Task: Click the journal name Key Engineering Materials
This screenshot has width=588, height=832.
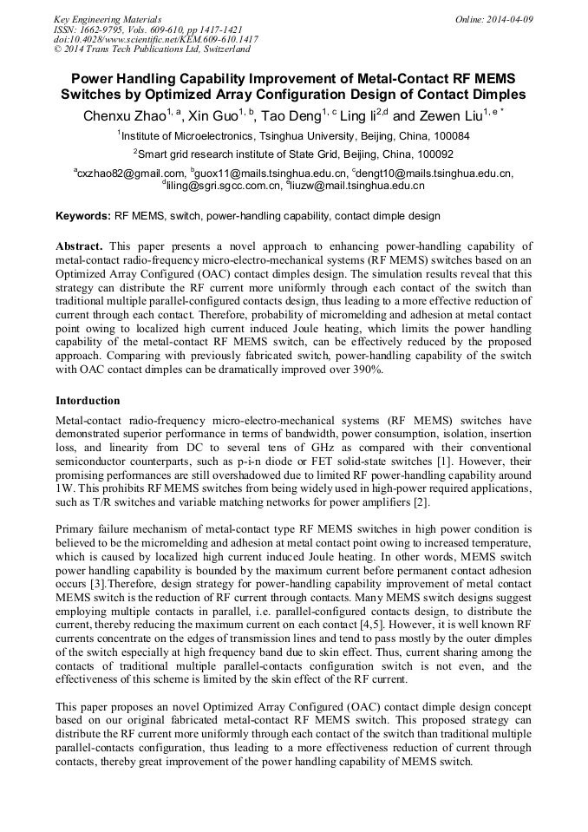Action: click(107, 18)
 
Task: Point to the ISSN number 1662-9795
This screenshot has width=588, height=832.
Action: click(108, 29)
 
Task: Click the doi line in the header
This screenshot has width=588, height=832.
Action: click(156, 39)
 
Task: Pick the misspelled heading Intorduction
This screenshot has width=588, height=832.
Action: click(88, 401)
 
